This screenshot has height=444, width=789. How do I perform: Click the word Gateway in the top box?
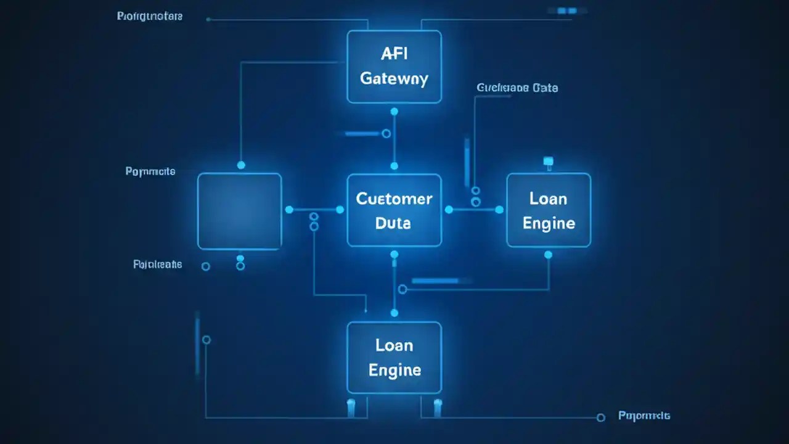pyautogui.click(x=394, y=79)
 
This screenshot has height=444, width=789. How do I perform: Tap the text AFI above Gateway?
pyautogui.click(x=394, y=54)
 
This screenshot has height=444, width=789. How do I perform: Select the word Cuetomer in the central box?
pyautogui.click(x=394, y=199)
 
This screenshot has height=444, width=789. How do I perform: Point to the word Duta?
pyautogui.click(x=393, y=223)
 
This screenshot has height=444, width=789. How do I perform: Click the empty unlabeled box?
pyautogui.click(x=239, y=211)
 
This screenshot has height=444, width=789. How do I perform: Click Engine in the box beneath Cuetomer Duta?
pyautogui.click(x=394, y=370)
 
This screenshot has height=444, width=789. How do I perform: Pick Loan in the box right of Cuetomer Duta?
pyautogui.click(x=548, y=199)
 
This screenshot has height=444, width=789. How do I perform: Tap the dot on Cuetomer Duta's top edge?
pyautogui.click(x=394, y=166)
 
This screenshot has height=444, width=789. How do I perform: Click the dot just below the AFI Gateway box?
pyautogui.click(x=394, y=112)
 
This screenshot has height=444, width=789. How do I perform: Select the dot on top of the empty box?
pyautogui.click(x=241, y=165)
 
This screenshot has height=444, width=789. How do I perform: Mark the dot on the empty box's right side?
pyautogui.click(x=289, y=210)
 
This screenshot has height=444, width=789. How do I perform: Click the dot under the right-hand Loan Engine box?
pyautogui.click(x=548, y=255)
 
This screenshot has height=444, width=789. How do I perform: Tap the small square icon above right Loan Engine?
pyautogui.click(x=548, y=162)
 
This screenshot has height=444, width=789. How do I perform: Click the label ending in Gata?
pyautogui.click(x=517, y=88)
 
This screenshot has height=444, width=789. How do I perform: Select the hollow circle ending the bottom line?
pyautogui.click(x=601, y=417)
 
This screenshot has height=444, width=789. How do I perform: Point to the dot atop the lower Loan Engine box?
pyautogui.click(x=394, y=313)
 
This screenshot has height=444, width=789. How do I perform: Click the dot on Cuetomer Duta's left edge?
pyautogui.click(x=340, y=210)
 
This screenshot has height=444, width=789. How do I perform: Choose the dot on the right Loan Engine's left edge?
pyautogui.click(x=499, y=210)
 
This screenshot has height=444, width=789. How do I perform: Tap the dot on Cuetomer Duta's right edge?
pyautogui.click(x=449, y=210)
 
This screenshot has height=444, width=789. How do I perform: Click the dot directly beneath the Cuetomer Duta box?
pyautogui.click(x=394, y=254)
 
